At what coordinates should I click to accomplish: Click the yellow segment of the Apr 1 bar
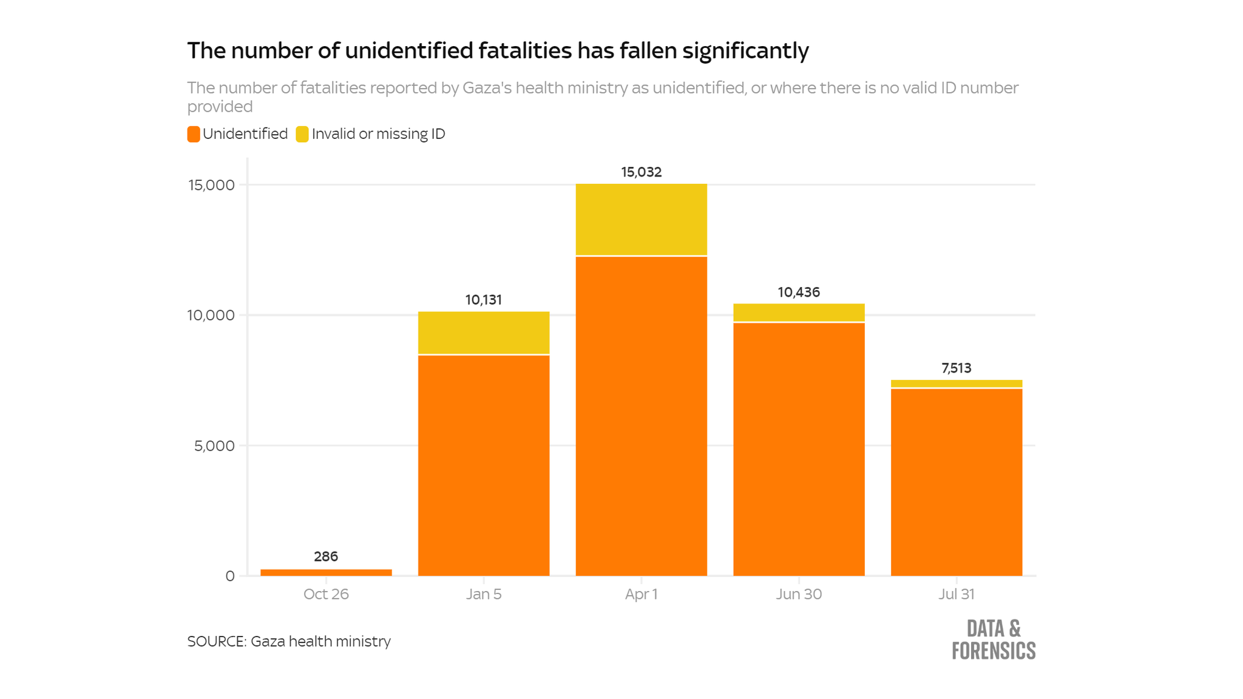point(641,219)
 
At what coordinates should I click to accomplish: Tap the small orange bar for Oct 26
point(326,572)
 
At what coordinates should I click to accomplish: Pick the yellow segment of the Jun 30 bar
point(799,312)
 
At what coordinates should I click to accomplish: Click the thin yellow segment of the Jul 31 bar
point(956,383)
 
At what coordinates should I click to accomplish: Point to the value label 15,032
point(641,172)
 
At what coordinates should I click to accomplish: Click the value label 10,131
point(483,300)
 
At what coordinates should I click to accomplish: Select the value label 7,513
point(956,368)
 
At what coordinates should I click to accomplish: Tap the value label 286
point(326,556)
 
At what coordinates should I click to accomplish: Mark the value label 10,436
point(799,292)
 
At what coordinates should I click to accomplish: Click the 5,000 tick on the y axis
point(214,446)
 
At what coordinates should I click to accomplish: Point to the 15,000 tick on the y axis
point(211,185)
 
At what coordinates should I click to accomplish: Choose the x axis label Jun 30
point(799,594)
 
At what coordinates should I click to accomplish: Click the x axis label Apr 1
point(641,594)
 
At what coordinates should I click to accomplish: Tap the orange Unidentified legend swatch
point(194,134)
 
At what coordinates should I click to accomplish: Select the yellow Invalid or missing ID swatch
point(302,134)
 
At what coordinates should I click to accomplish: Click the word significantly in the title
point(745,51)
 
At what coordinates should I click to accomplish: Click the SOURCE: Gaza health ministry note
point(289,641)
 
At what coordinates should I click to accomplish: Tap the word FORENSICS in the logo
point(994,651)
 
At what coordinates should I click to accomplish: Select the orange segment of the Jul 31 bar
point(956,482)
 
